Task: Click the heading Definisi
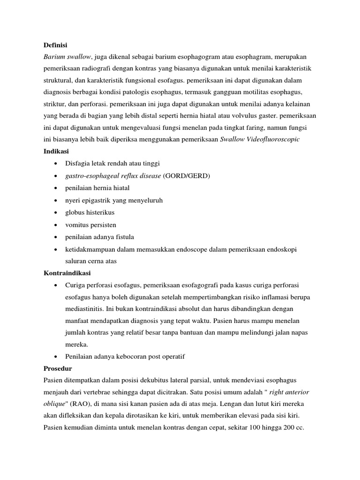click(x=55, y=45)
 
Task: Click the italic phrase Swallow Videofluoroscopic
click(x=260, y=139)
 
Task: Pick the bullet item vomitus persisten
click(x=90, y=225)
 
